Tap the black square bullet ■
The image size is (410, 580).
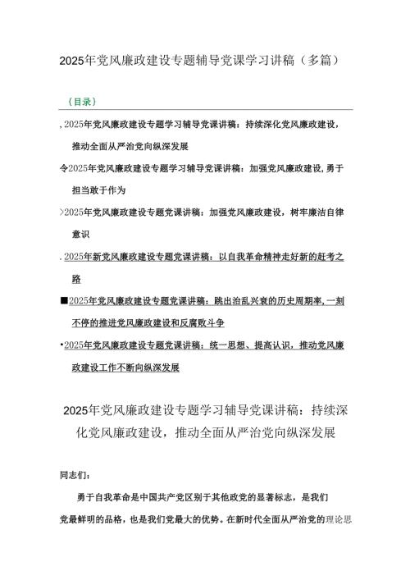pos(64,301)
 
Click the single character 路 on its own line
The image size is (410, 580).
pos(76,279)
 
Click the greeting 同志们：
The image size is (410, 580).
pos(76,474)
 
